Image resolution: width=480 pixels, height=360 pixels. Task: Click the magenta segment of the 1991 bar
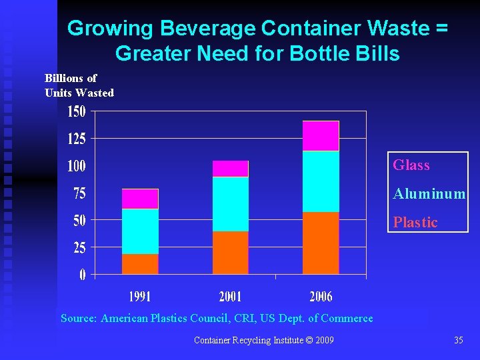pos(140,199)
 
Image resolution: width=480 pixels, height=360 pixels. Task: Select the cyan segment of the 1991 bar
pos(140,231)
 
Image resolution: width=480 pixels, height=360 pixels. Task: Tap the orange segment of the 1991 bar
pos(140,264)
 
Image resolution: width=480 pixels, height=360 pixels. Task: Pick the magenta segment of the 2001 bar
pos(231,169)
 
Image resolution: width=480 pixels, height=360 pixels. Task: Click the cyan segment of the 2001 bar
pos(231,204)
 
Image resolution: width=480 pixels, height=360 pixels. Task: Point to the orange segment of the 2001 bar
pos(231,253)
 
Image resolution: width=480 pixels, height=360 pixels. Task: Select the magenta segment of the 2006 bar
pos(321,136)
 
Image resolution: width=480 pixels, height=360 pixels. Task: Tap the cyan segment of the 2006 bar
pos(321,181)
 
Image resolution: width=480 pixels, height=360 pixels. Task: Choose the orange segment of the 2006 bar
pos(321,243)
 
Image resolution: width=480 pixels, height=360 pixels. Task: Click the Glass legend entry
pos(411,165)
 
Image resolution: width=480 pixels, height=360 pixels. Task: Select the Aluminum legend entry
pos(429,194)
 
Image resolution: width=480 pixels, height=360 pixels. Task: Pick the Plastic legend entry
pos(415,223)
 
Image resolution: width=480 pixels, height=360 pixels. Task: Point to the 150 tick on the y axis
pos(77,111)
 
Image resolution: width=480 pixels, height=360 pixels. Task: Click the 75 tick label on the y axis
pos(79,193)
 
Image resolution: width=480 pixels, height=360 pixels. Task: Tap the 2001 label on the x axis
pos(231,296)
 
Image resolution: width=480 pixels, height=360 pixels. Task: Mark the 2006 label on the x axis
pos(321,296)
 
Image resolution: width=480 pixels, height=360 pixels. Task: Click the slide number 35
pos(458,341)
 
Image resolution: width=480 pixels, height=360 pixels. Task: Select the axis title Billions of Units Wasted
pos(79,85)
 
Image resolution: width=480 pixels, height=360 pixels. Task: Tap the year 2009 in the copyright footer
pos(323,341)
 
